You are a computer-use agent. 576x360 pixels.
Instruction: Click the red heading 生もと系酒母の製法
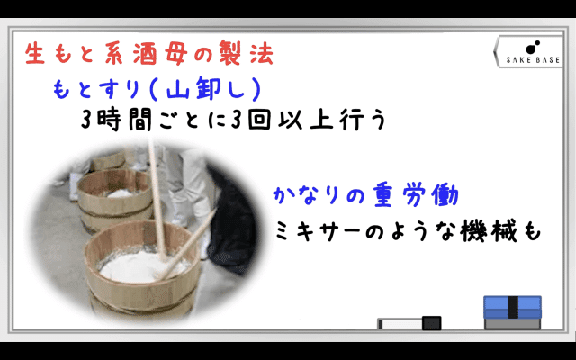(x=149, y=54)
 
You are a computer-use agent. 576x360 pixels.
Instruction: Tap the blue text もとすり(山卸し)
(x=157, y=89)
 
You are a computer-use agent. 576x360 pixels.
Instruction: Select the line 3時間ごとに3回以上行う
(x=234, y=120)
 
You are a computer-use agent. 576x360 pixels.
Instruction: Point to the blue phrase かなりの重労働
(x=366, y=195)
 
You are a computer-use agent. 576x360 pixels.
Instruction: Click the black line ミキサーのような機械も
(x=408, y=231)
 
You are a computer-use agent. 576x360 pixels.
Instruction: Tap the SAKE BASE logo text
(x=533, y=60)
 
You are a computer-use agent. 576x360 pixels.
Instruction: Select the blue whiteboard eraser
(x=512, y=312)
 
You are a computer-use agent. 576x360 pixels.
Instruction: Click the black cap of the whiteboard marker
(x=431, y=323)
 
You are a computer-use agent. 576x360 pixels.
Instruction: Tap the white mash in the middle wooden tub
(x=121, y=193)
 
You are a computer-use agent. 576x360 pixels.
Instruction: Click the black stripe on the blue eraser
(x=513, y=307)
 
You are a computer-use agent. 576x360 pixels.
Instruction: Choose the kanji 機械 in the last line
(x=487, y=231)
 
